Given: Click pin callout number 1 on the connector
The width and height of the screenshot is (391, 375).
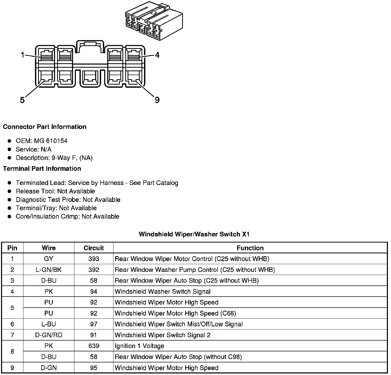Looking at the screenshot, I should [22, 55].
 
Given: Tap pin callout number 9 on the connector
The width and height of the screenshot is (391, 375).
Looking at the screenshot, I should [157, 100].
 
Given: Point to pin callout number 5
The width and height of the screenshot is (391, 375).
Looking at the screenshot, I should [22, 100].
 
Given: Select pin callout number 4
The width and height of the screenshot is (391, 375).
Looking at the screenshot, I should [157, 55].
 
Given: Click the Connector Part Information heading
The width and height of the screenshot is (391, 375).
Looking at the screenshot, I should [45, 127].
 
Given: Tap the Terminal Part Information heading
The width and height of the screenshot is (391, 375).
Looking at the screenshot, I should [42, 169].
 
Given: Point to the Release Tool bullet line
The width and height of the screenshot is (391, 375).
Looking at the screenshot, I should [55, 191].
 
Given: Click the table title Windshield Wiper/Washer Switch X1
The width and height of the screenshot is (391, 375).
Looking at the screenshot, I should [194, 234].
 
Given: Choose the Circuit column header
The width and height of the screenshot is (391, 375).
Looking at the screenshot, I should [94, 248].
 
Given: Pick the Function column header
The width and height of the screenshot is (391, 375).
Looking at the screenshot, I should [250, 248].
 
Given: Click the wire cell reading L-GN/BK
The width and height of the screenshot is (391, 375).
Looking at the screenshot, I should [49, 270].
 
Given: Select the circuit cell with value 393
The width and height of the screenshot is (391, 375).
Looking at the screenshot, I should [94, 259].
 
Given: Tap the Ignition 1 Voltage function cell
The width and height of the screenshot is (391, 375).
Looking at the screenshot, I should [139, 346].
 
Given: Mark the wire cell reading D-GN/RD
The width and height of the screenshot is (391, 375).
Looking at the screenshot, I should [49, 335].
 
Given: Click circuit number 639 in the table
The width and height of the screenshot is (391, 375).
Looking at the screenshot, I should [94, 346].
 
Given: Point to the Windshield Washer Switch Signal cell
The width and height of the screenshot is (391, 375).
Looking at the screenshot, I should [163, 291].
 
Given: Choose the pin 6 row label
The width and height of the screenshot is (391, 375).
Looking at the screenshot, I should [12, 324].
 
